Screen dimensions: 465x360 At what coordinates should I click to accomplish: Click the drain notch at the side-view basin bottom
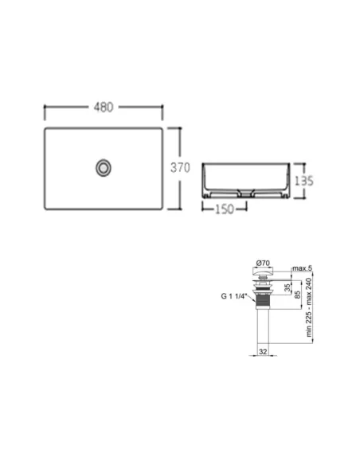point(241,192)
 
